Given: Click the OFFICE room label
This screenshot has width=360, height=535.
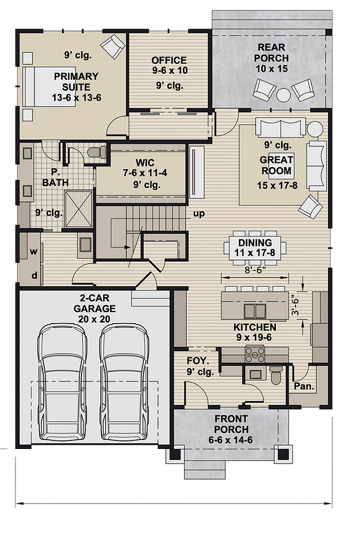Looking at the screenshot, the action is [x=170, y=60].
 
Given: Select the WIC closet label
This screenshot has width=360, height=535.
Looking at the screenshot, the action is [x=145, y=163].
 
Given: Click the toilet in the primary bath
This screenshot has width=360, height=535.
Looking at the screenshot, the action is [x=96, y=152].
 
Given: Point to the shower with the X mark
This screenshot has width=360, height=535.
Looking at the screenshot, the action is [x=79, y=209].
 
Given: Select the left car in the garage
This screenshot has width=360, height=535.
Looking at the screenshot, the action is [x=62, y=381].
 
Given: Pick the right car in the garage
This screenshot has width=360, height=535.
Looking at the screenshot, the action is [x=125, y=381].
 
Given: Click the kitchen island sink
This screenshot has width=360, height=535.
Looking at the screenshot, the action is [x=256, y=310].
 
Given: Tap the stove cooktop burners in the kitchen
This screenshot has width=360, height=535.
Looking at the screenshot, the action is [x=255, y=354].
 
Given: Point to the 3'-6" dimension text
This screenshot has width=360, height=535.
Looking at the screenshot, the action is [x=295, y=304].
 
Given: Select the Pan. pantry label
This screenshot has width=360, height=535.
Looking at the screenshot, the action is [x=304, y=386].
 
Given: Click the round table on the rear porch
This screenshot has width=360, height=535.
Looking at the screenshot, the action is [x=284, y=95].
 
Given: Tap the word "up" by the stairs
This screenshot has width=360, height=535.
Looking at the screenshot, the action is [x=199, y=214].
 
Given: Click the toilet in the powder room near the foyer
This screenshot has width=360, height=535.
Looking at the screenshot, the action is [x=276, y=375].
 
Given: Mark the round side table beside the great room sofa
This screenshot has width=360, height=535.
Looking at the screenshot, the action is [x=315, y=130].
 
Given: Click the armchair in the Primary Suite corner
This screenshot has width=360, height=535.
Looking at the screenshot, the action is [x=113, y=46].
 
